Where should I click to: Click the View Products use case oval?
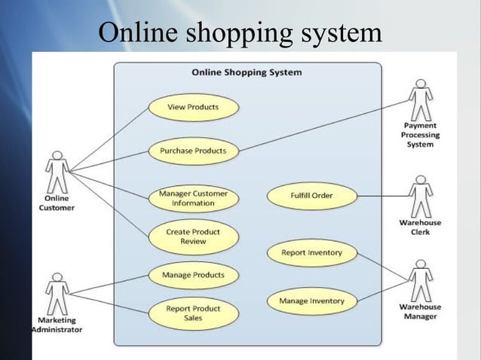193,107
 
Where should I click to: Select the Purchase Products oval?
193,151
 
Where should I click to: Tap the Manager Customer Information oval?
193,198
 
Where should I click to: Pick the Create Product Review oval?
193,236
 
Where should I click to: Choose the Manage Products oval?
193,275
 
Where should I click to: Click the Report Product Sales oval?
193,313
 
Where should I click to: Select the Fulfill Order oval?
311,196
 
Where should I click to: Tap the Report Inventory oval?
311,253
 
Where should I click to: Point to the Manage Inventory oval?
311,301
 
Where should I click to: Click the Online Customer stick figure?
56,172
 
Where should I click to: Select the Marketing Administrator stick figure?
56,293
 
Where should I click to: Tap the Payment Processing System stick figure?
420,99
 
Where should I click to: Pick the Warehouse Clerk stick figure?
420,195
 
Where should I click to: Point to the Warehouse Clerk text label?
420,227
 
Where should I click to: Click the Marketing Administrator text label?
56,325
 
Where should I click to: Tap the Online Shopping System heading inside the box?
247,73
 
